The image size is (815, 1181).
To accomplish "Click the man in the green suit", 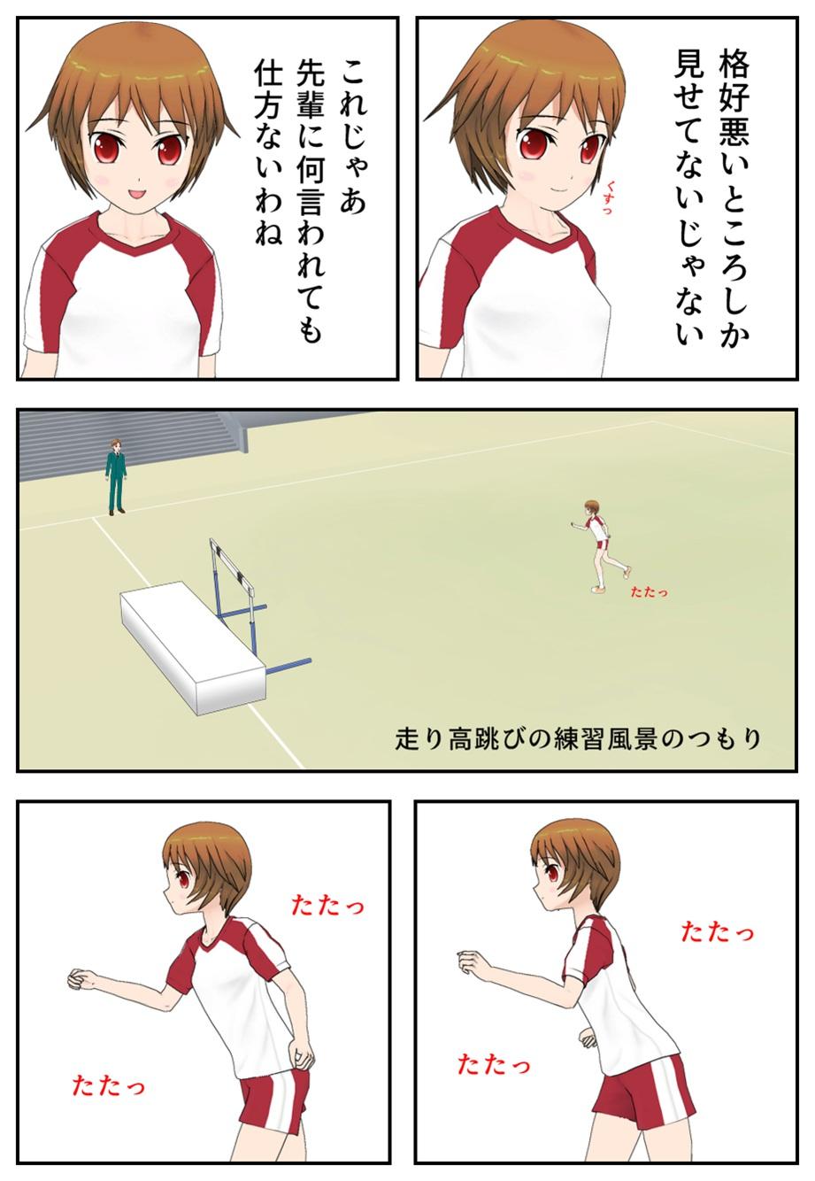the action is pyautogui.click(x=115, y=476).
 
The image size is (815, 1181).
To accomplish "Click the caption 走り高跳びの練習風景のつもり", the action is pyautogui.click(x=578, y=738).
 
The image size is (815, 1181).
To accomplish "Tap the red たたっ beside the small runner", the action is pyautogui.click(x=649, y=592).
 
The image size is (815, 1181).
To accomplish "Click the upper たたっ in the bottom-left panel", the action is pyautogui.click(x=327, y=906).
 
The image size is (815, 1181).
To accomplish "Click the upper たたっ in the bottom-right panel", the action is pyautogui.click(x=717, y=931).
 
